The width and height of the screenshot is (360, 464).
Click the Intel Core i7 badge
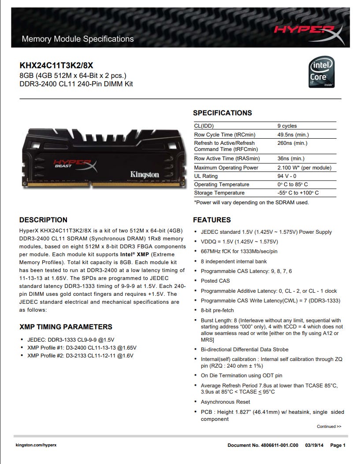(322, 72)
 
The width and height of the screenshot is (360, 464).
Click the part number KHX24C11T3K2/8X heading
(56, 66)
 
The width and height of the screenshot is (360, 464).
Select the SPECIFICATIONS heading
(222, 113)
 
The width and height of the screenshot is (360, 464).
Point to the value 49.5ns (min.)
(293, 135)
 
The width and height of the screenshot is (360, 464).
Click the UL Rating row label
(206, 176)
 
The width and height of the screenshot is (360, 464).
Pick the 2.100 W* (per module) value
(304, 167)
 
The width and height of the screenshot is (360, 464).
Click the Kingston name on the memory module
(145, 174)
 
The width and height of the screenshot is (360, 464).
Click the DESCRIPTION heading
(43, 220)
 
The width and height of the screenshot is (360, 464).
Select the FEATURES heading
(212, 220)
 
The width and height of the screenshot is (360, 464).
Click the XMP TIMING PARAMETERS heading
(66, 327)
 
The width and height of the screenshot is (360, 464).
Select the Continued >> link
(329, 427)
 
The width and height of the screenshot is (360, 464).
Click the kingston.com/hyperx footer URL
(36, 445)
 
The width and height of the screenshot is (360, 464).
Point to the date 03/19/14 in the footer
(314, 445)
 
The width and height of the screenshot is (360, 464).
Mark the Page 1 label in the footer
(338, 445)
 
